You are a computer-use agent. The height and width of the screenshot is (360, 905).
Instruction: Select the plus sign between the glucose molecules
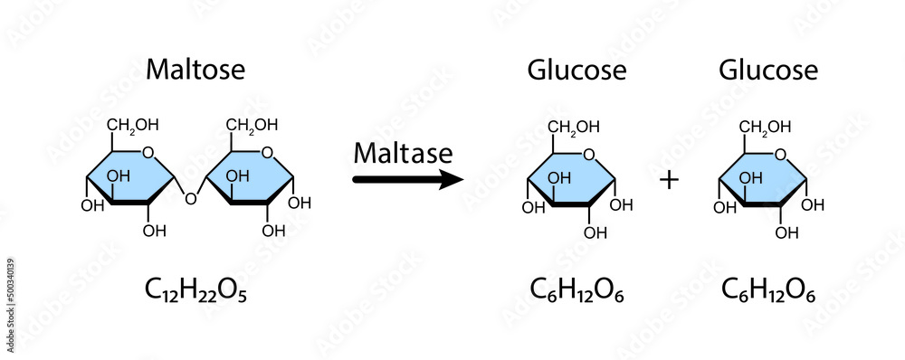[x=669, y=180]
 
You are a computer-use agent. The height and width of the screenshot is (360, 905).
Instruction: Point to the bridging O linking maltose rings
[x=190, y=198]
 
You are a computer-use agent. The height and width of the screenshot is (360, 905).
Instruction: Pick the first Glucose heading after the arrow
[x=577, y=70]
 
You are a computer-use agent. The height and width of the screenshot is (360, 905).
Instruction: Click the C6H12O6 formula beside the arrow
[x=577, y=290]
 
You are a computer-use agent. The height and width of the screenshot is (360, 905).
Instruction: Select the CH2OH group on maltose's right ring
[x=251, y=125]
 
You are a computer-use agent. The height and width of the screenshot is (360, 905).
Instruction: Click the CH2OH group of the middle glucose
[x=572, y=126]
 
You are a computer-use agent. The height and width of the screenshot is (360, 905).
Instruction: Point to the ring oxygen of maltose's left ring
[x=148, y=152]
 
